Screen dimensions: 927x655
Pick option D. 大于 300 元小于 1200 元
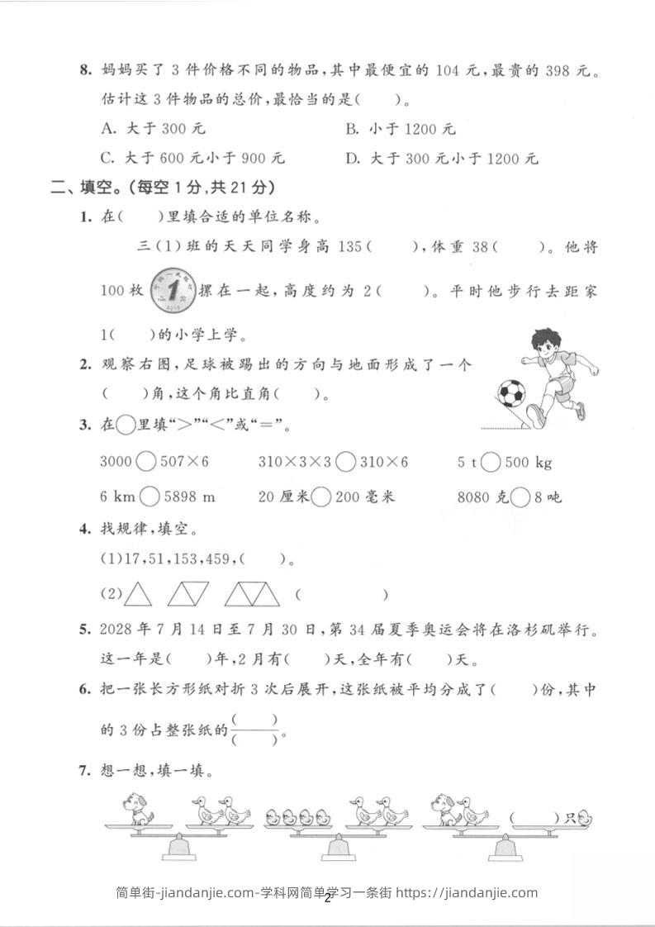tap(442, 158)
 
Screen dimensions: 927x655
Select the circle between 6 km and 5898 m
tap(150, 497)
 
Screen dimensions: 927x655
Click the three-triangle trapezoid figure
tap(252, 593)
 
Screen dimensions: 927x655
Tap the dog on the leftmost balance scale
tap(137, 809)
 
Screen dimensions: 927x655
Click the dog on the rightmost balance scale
tap(444, 809)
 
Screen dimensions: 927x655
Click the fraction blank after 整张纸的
tap(256, 730)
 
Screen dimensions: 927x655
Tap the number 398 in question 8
tap(559, 72)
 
